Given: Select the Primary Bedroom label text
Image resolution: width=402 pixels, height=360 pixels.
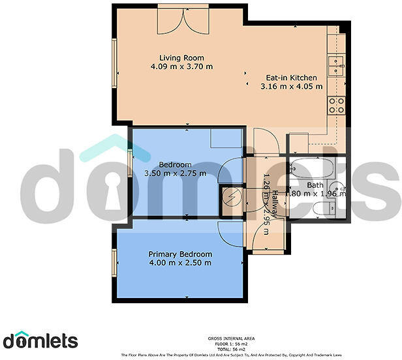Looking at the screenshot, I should (180, 254).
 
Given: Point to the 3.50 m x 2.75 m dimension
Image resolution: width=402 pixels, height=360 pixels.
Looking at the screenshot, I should (174, 173).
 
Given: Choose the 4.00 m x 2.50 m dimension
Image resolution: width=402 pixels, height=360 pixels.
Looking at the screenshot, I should (180, 263).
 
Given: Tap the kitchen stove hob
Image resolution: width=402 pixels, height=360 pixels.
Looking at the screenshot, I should (337, 106).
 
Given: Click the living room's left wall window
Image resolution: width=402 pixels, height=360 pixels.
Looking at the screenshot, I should (115, 61).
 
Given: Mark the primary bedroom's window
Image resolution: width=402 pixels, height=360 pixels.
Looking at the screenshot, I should (114, 262).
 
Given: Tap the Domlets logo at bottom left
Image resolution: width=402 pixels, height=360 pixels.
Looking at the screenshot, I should (40, 339).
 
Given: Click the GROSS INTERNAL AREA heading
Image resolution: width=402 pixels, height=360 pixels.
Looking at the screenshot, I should (232, 338).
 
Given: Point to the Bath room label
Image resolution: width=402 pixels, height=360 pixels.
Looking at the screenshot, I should (315, 185).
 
